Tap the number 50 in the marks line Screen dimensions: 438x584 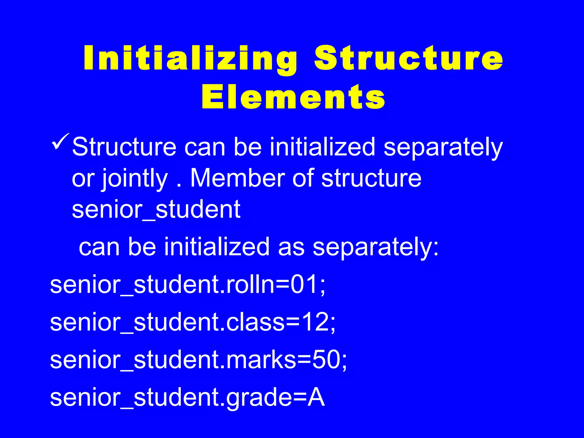click(x=326, y=360)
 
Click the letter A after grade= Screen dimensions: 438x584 click(x=316, y=398)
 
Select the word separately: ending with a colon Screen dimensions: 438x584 click(x=376, y=247)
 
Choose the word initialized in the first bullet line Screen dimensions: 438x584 click(x=322, y=147)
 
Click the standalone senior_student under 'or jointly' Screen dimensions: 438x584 click(x=156, y=210)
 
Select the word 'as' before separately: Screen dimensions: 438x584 click(x=291, y=247)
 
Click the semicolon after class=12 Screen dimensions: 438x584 click(x=333, y=325)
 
